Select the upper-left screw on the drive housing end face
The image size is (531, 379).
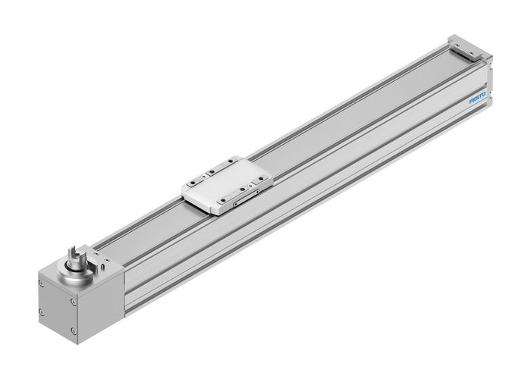[x=40, y=283]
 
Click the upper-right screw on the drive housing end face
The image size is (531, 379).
[x=74, y=302]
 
